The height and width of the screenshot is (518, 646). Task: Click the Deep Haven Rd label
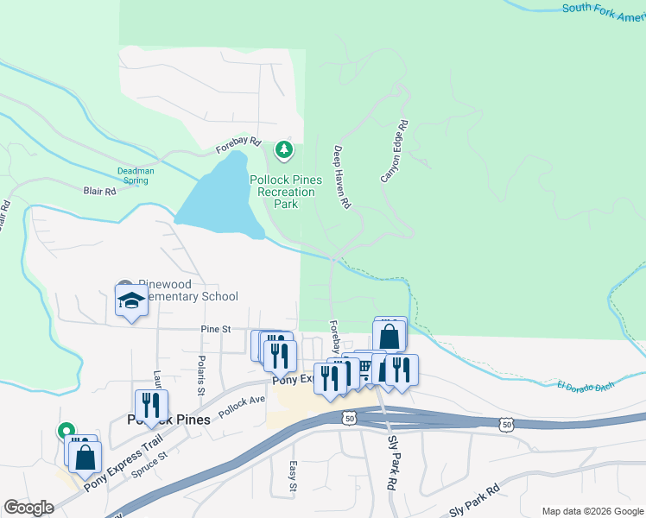(x=341, y=178)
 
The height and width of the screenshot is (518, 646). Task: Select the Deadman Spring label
(x=136, y=176)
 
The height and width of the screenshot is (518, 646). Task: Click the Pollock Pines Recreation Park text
(x=286, y=192)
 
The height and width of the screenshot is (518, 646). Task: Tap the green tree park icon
(x=283, y=151)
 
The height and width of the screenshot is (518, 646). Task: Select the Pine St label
(x=216, y=329)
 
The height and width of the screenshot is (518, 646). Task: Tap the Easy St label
(x=292, y=476)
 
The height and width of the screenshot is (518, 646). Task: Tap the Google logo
(x=28, y=508)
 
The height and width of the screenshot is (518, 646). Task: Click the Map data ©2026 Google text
(x=592, y=511)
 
